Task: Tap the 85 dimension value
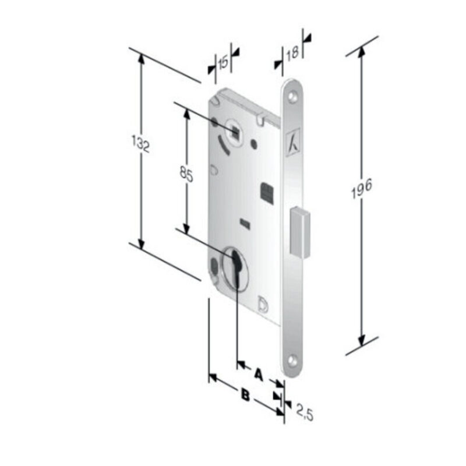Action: click(186, 174)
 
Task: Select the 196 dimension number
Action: click(361, 189)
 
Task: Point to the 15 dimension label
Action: click(223, 63)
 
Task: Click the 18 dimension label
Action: click(292, 54)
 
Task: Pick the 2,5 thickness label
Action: click(305, 414)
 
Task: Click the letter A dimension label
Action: click(259, 375)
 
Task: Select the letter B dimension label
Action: click(245, 396)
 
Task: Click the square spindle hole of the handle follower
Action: click(236, 132)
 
